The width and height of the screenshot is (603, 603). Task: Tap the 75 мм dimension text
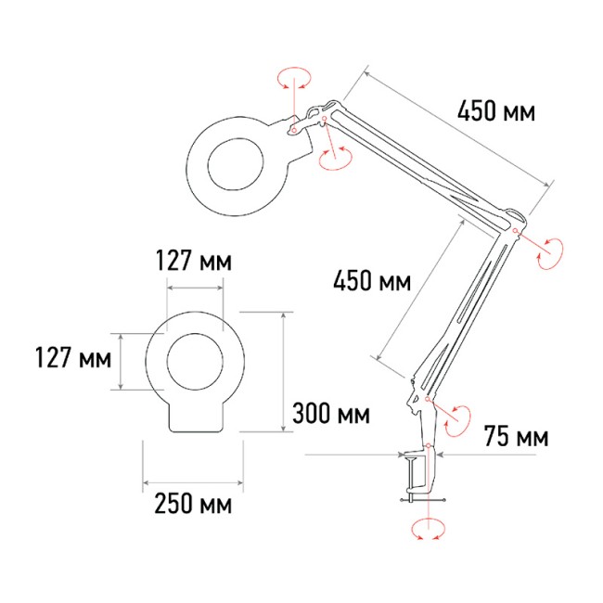[515, 436]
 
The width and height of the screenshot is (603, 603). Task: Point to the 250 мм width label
[193, 506]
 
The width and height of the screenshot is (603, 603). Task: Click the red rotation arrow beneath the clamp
[426, 531]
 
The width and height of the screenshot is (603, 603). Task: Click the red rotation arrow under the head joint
[332, 159]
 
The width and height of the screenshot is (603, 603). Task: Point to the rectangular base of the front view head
[194, 417]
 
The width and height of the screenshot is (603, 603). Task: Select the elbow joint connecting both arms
[516, 224]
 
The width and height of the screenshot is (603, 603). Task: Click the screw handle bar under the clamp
[422, 502]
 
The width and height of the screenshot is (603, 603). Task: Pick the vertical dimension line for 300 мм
[282, 371]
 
